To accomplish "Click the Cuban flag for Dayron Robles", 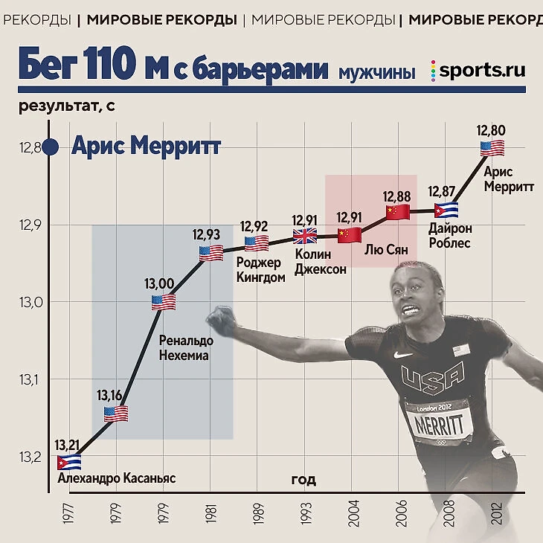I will [446, 211].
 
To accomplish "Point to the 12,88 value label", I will [397, 196].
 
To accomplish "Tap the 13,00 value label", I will [159, 283].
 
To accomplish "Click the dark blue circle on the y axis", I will [50, 147].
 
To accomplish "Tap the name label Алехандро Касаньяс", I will [116, 478].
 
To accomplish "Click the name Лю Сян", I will [386, 250].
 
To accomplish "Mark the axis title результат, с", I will [67, 106].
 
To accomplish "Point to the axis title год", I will [303, 480].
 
